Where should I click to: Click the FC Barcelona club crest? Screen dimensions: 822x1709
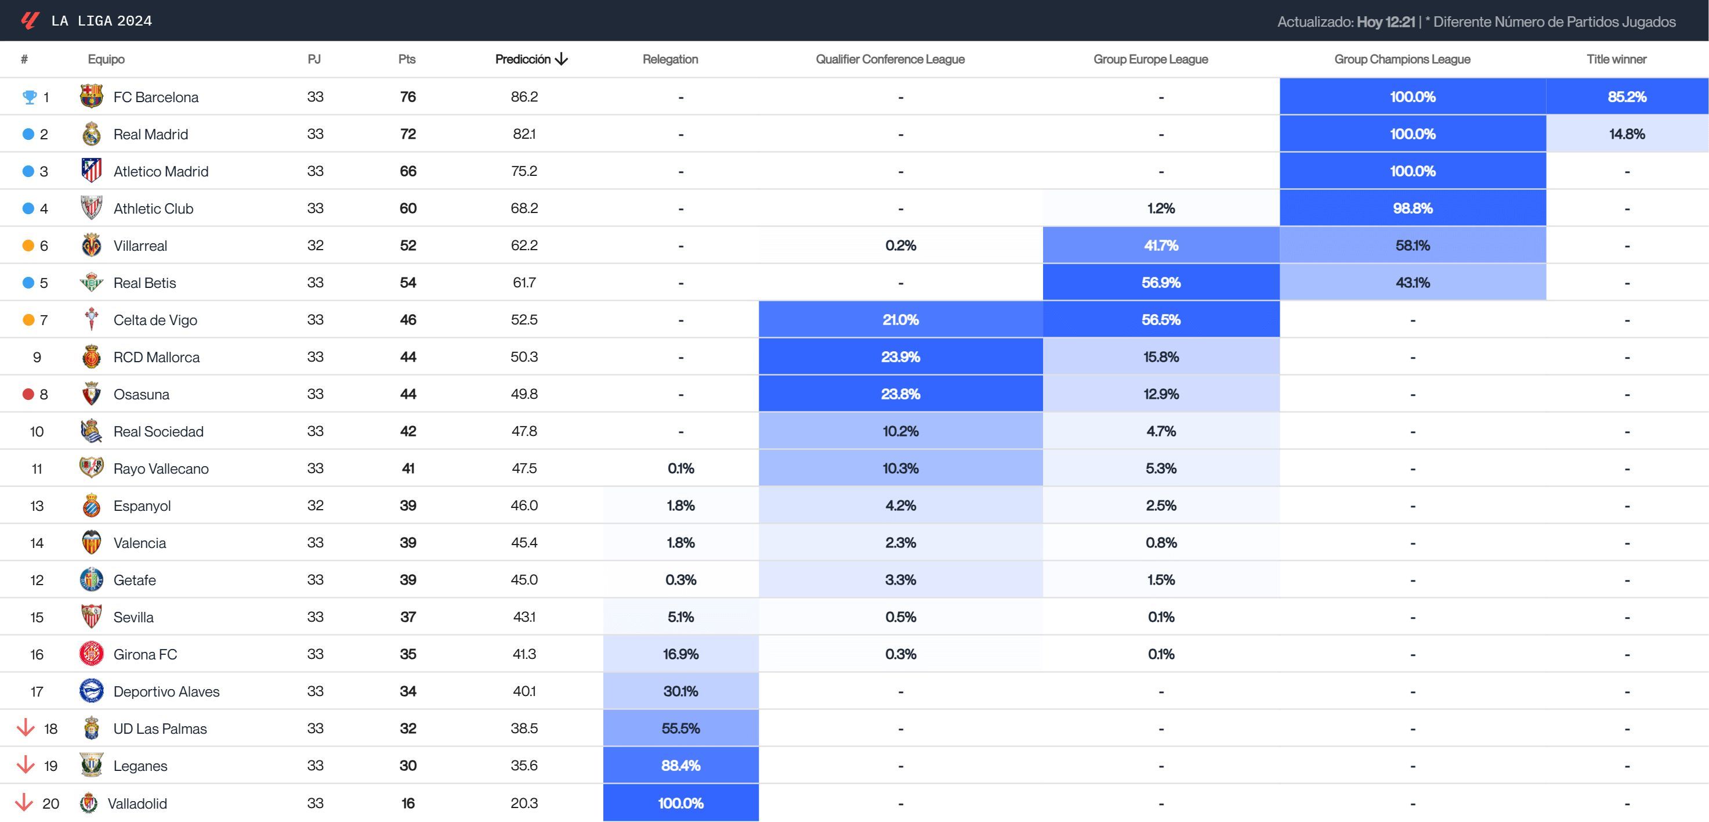coord(91,96)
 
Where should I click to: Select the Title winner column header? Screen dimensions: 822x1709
coord(1616,59)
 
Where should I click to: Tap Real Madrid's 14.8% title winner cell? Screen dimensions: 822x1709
coord(1627,134)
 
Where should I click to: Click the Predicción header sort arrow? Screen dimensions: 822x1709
coord(562,59)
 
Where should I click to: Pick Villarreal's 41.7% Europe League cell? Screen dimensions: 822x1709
coord(1160,246)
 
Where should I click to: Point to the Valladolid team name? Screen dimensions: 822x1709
coord(137,803)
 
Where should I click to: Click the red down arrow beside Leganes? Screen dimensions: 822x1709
coord(25,766)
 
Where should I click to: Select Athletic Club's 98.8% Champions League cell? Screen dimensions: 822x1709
coord(1413,208)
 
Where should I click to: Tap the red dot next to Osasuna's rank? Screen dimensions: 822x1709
coord(28,394)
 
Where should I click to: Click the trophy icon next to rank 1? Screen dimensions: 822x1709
coord(29,97)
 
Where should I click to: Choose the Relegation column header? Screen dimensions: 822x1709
coord(670,59)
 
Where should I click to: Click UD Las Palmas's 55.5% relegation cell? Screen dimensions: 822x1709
coord(680,729)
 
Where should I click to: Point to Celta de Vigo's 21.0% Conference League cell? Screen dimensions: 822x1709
coord(900,320)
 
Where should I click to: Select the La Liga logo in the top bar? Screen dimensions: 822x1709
coord(29,20)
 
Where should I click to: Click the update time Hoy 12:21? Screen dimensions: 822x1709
coord(1385,22)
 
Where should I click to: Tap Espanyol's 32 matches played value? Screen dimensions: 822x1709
coord(315,505)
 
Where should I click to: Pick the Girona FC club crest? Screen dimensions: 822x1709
coord(91,654)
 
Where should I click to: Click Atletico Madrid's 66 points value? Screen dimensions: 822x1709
coord(407,171)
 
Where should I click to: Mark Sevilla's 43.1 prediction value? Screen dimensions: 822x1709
coord(524,617)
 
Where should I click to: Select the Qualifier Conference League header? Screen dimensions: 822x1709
coord(890,59)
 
